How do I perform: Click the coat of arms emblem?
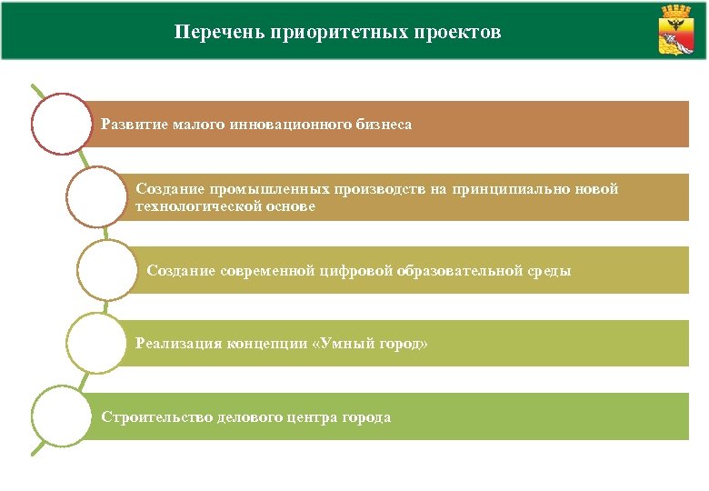[x=676, y=30]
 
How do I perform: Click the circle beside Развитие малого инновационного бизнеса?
[x=61, y=123]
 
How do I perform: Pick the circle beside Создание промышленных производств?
[x=95, y=196]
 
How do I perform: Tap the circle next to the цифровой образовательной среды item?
[x=106, y=270]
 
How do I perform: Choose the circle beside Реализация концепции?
[x=95, y=344]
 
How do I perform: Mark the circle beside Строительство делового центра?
[x=61, y=416]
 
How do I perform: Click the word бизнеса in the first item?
[x=384, y=124]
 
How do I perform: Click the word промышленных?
[x=254, y=189]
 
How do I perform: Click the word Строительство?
[x=157, y=417]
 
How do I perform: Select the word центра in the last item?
[x=315, y=417]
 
